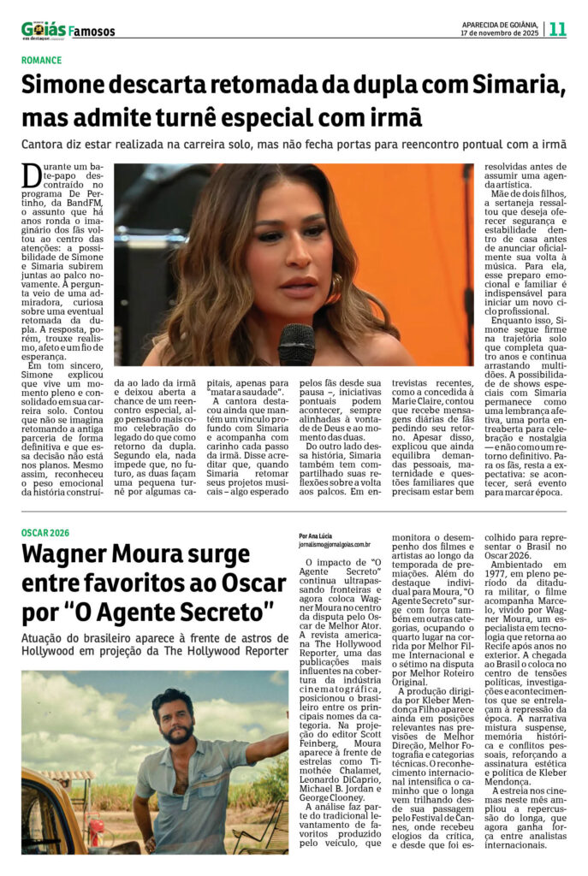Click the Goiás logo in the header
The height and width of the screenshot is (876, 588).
pyautogui.click(x=43, y=30)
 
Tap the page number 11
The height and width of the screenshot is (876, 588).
pyautogui.click(x=557, y=29)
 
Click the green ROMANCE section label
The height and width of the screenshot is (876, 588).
pyautogui.click(x=42, y=60)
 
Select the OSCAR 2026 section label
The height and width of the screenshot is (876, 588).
pyautogui.click(x=48, y=533)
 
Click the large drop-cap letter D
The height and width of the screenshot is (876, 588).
pyautogui.click(x=32, y=175)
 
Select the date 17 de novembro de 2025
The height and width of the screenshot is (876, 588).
pyautogui.click(x=499, y=33)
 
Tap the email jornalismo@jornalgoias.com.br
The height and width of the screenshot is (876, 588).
pyautogui.click(x=335, y=544)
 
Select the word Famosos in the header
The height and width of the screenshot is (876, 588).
pyautogui.click(x=92, y=32)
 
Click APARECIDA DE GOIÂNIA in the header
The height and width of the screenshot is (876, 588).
pyautogui.click(x=499, y=24)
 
